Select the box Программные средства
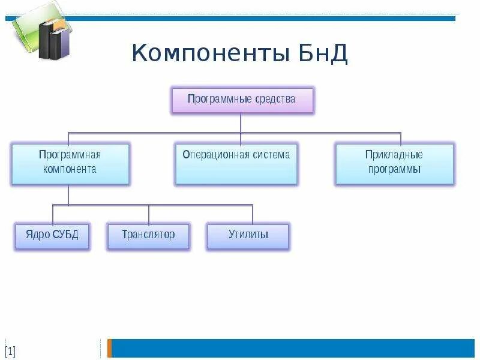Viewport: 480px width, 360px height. coord(242,100)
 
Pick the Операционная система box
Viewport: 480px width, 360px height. coord(236,163)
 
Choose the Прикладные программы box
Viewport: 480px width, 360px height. coord(394,163)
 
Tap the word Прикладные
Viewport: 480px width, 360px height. coord(394,155)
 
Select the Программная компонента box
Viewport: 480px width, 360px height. coord(70,163)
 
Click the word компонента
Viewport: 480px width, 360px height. coord(70,169)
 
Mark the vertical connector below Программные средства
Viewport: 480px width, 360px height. coord(241,123)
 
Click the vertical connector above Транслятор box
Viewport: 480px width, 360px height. coord(149,214)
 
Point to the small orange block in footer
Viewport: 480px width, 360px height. coord(110,348)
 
